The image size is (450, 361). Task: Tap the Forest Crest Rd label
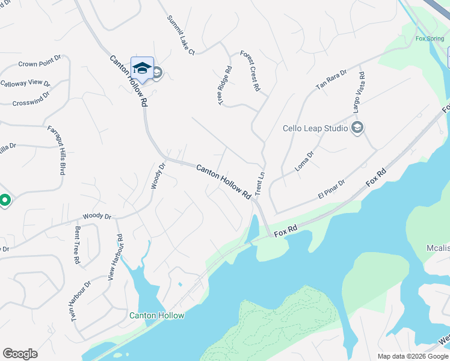point(250,71)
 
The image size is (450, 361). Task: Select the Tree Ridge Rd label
point(224,86)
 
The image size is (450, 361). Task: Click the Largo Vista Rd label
point(359,93)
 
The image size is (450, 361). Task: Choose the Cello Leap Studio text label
point(315,128)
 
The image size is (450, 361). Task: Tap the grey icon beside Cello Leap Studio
point(357,128)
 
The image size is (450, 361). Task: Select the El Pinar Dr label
point(331,190)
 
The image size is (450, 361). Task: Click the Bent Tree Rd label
point(77,245)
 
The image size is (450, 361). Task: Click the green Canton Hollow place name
point(157,315)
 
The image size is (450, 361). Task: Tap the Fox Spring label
point(430,39)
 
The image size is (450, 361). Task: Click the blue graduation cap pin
point(142,69)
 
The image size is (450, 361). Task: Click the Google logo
point(20,354)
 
